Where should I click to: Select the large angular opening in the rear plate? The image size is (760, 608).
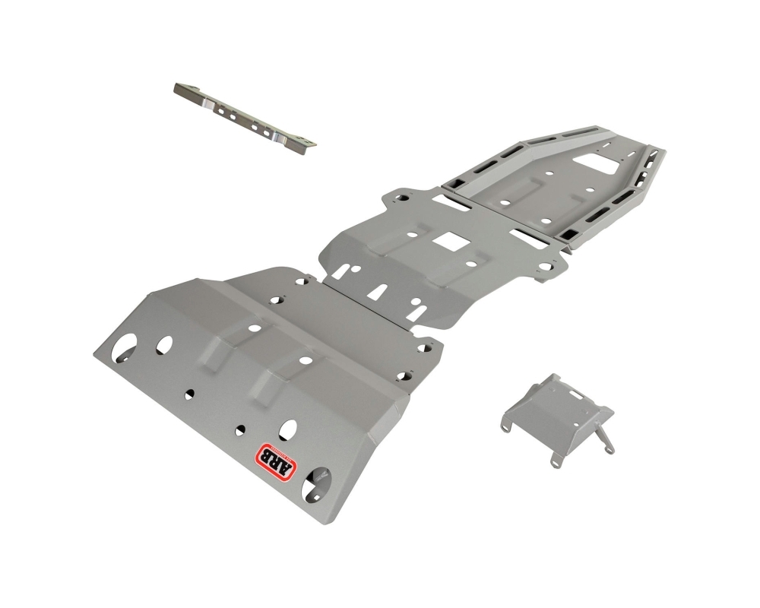(x=596, y=163)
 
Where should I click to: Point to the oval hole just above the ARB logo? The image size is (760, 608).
(x=288, y=429)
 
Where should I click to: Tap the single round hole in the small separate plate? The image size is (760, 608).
(x=553, y=387)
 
